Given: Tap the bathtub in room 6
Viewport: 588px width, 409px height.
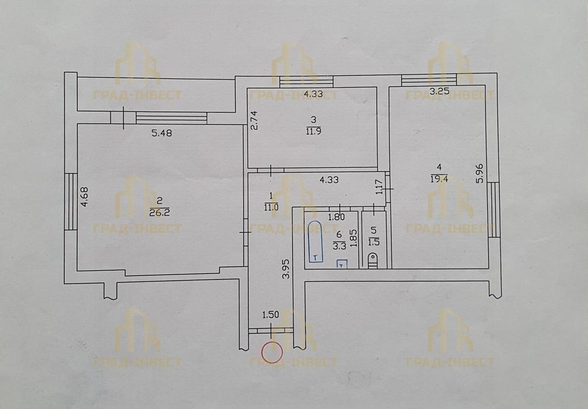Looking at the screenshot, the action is (x=315, y=242).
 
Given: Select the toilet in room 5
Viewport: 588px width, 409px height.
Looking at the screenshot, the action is (x=373, y=260).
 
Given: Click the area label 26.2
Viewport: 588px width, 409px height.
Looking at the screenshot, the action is (x=160, y=213).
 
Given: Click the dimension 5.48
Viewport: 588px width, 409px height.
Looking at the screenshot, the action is (x=162, y=133).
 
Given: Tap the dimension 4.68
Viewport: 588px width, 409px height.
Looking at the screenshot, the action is (x=85, y=197).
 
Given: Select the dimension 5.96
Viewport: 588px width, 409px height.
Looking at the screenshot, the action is (x=480, y=174).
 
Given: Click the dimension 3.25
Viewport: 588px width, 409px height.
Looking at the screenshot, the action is (x=439, y=92).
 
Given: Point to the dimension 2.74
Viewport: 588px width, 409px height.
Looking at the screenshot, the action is (x=254, y=120).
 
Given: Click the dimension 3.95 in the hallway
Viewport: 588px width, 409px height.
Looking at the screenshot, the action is (x=286, y=269).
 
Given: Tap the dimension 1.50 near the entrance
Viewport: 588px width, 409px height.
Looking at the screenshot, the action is (x=270, y=315).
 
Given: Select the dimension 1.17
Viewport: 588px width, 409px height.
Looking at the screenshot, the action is (x=379, y=187).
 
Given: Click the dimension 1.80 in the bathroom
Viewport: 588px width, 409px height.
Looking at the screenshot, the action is (x=336, y=217).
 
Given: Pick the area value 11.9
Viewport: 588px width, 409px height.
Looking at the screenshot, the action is (x=313, y=131).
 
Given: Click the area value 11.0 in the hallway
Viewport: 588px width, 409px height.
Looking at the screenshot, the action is (x=270, y=207).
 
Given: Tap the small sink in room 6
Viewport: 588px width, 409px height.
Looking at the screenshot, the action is (x=342, y=264).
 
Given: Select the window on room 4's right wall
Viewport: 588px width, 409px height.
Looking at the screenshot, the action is (x=493, y=209).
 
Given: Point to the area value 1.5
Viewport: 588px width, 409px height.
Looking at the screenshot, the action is (x=374, y=242).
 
